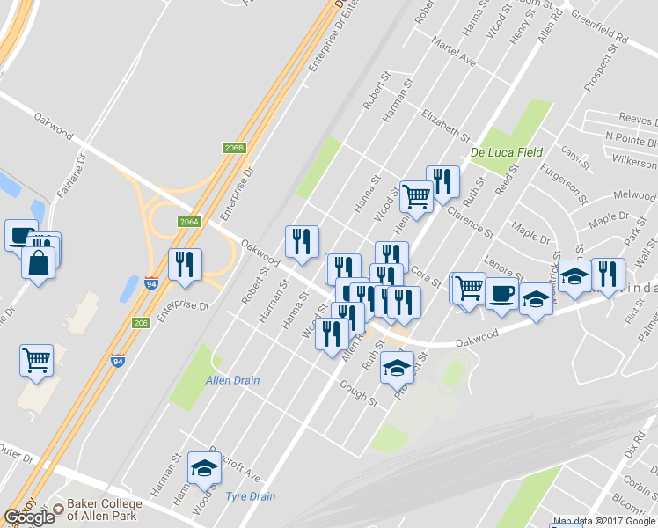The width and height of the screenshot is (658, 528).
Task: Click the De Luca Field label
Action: coord(506,152)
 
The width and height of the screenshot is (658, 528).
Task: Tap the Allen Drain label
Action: coord(232,380)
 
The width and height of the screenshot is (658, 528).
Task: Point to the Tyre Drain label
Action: coord(251,496)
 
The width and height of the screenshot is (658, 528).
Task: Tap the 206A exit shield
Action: coord(189,222)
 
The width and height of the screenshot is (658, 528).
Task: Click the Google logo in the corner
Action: coord(29,517)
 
